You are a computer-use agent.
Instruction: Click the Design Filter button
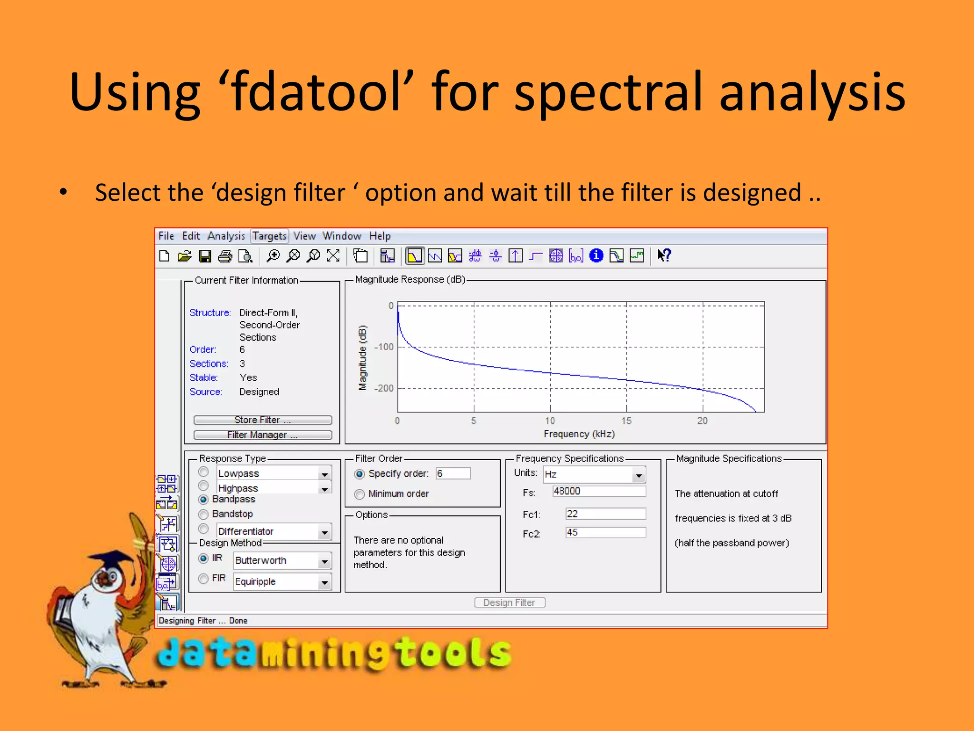509,603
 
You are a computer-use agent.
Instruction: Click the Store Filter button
263,420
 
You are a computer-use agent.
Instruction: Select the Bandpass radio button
204,499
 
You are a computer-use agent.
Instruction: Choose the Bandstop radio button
204,514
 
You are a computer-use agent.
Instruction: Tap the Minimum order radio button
360,494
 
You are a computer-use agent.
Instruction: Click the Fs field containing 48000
599,491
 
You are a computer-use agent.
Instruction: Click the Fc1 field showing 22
605,514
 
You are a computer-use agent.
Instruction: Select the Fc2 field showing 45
605,533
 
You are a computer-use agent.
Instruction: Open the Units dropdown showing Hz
638,475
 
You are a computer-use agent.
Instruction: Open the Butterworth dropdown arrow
324,562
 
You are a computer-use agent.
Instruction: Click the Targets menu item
269,236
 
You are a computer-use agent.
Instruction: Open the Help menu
380,236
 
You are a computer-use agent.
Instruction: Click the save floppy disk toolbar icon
205,257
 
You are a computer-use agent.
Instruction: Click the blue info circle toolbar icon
596,256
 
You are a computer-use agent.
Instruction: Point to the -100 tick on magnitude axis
384,347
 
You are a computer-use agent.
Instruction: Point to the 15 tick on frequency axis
626,421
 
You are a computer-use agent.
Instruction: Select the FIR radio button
204,579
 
